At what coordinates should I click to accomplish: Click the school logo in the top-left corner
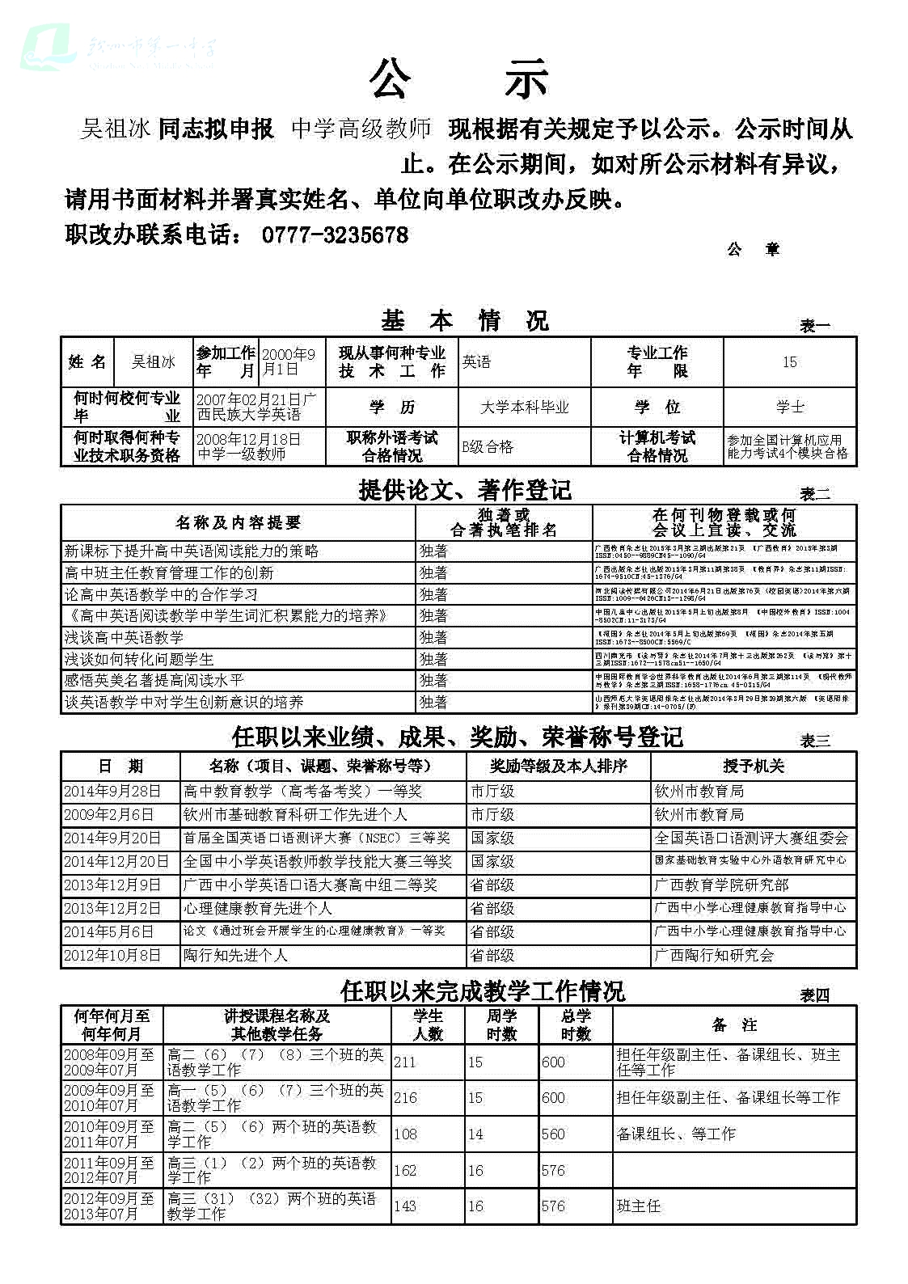tap(49, 47)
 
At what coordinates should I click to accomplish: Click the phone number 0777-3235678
tap(335, 235)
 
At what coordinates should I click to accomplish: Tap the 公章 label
tap(752, 250)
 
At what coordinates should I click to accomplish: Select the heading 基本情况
tap(465, 321)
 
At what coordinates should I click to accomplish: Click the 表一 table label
tap(814, 326)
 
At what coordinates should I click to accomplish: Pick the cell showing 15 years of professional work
tap(789, 362)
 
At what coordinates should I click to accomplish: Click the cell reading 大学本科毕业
tap(524, 408)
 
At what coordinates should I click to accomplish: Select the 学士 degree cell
tap(789, 408)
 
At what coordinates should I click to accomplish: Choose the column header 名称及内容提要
tap(238, 522)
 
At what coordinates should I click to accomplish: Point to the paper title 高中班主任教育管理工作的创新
tap(169, 572)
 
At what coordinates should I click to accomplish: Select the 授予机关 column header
tap(753, 766)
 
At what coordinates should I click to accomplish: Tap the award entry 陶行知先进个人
tap(235, 955)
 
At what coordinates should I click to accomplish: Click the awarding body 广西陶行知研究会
tap(714, 955)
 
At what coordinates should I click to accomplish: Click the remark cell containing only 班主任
tap(639, 1206)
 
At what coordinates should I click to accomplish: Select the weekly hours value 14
tap(475, 1134)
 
